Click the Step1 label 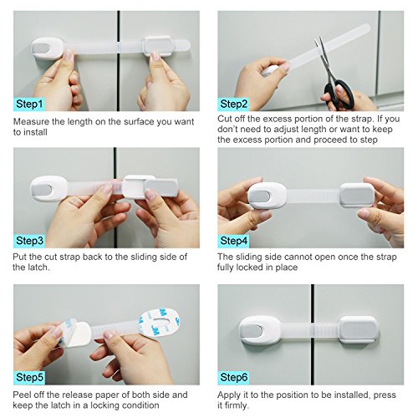pos(29,104)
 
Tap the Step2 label pos(233,104)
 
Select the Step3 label pos(29,241)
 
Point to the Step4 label pos(233,241)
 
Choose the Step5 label pos(29,378)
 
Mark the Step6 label pos(233,378)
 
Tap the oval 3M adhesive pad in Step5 pos(159,323)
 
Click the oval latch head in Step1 pos(48,48)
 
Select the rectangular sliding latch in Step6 pos(359,329)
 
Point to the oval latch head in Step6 pos(260,330)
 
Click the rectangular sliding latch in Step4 pos(357,195)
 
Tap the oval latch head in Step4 pos(267,196)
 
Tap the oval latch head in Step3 pos(49,189)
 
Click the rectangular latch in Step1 pos(158,46)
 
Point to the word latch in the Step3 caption pos(39,268)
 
